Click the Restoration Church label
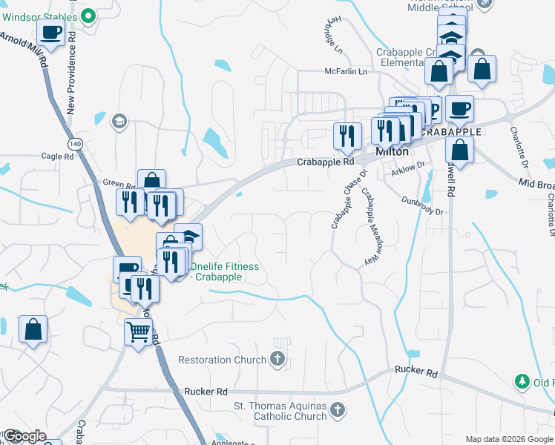tap(222, 360)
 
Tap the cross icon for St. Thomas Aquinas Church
tap(337, 410)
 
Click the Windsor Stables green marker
tap(88, 15)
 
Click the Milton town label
tap(393, 151)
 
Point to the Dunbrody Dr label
tap(421, 205)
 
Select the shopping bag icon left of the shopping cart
tap(33, 329)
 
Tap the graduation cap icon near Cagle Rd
tap(119, 121)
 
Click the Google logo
tap(24, 437)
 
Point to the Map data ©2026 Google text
tap(509, 439)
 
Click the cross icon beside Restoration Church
tap(277, 360)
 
